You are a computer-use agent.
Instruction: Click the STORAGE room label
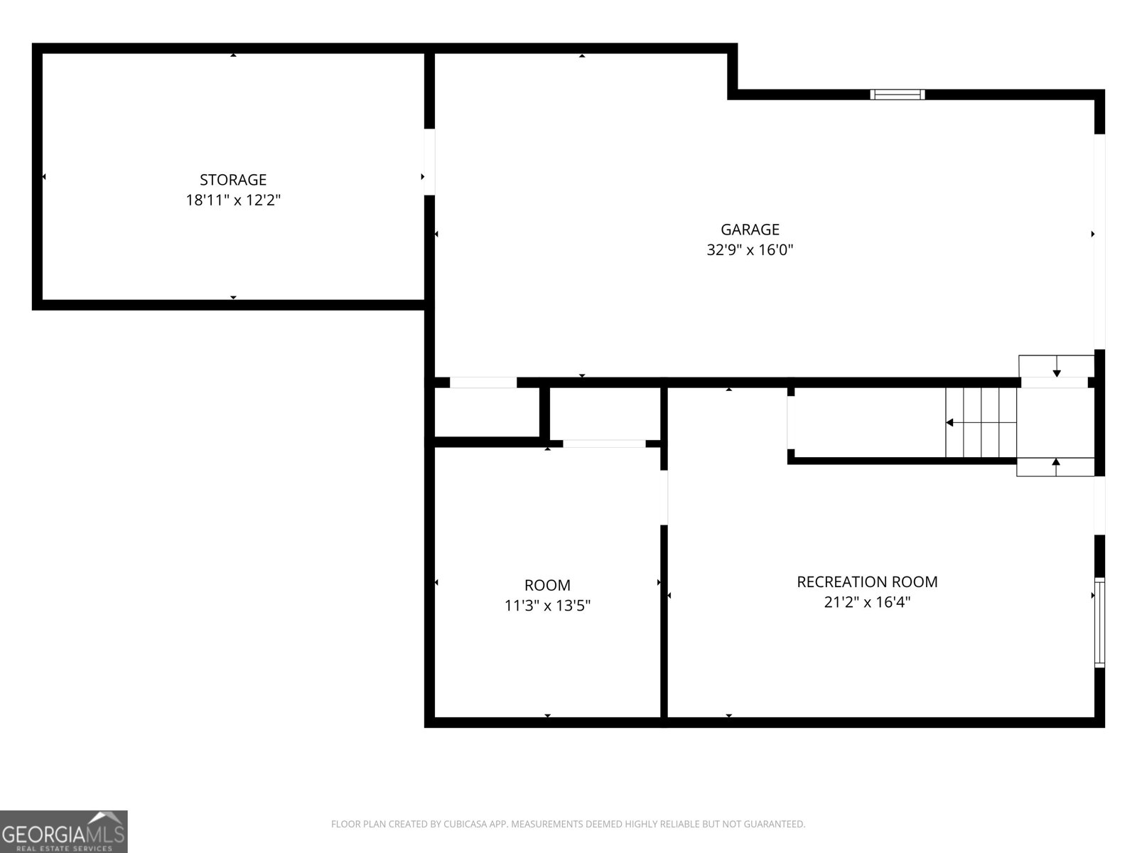pyautogui.click(x=233, y=180)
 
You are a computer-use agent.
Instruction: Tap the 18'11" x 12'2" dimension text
pyautogui.click(x=233, y=200)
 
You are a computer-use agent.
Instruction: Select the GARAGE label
pyautogui.click(x=750, y=230)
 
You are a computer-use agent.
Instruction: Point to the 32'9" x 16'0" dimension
pyautogui.click(x=750, y=250)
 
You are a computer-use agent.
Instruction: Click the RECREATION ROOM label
pyautogui.click(x=867, y=582)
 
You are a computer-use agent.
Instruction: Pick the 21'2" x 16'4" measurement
pyautogui.click(x=867, y=603)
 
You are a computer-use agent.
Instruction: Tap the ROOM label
pyautogui.click(x=547, y=586)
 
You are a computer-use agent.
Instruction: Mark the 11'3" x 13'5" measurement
pyautogui.click(x=547, y=606)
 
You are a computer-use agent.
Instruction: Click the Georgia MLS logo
pyautogui.click(x=64, y=832)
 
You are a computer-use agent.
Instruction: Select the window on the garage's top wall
pyautogui.click(x=898, y=95)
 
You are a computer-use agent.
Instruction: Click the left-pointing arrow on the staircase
pyautogui.click(x=949, y=423)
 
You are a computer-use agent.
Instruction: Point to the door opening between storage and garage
pyautogui.click(x=429, y=161)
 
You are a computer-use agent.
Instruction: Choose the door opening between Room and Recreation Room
pyautogui.click(x=664, y=498)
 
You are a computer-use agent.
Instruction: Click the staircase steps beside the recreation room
pyautogui.click(x=981, y=423)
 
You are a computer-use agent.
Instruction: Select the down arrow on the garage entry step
pyautogui.click(x=1057, y=372)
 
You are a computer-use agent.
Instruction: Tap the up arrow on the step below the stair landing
pyautogui.click(x=1056, y=463)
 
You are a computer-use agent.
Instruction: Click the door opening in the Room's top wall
pyautogui.click(x=604, y=444)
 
